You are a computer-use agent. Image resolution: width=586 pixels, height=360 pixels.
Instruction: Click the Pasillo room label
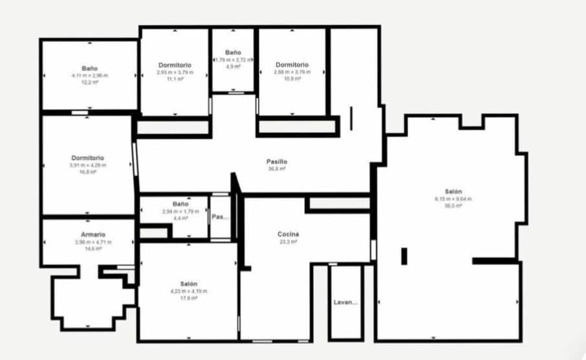(x=276, y=162)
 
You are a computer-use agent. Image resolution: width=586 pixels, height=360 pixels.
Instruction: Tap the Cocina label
(x=288, y=234)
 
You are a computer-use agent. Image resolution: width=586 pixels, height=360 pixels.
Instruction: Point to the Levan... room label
(x=345, y=302)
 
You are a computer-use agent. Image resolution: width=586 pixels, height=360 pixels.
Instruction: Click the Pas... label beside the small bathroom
(x=220, y=217)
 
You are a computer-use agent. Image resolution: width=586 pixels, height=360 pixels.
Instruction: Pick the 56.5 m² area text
(x=453, y=206)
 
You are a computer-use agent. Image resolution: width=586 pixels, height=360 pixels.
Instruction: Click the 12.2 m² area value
(x=89, y=82)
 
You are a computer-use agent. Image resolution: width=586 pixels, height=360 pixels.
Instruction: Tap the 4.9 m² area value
(x=233, y=66)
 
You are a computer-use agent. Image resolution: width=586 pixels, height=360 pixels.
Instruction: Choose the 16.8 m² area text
(x=88, y=172)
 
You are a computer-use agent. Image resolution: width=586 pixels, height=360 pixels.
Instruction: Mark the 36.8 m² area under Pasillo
(x=276, y=169)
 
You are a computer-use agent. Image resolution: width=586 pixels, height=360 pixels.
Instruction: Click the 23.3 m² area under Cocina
(x=288, y=242)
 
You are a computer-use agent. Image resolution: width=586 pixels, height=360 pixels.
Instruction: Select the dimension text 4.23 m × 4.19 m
(x=188, y=291)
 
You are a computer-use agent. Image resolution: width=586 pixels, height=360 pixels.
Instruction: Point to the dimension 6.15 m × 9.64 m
(x=453, y=199)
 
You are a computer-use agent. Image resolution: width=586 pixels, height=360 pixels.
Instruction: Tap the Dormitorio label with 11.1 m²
(x=175, y=65)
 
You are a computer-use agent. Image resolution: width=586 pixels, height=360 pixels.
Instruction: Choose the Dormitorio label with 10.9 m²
(x=292, y=65)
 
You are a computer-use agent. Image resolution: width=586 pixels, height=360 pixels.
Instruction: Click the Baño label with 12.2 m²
(x=89, y=68)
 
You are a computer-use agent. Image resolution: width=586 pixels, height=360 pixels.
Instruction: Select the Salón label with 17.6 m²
(x=188, y=284)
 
